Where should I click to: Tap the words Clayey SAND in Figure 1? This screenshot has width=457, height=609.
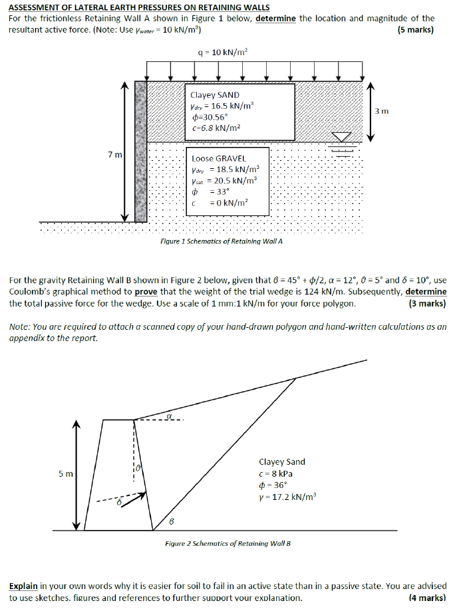coord(215,95)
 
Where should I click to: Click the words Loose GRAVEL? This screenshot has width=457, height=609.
coord(219,159)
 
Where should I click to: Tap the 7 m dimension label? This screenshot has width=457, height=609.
coord(115,154)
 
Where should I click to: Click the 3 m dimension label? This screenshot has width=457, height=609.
coord(381,112)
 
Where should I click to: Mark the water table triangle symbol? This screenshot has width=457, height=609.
coord(342,137)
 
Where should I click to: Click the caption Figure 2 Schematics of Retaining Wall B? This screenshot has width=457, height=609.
coord(228,543)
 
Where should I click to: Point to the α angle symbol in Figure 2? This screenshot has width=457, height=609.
coord(170,414)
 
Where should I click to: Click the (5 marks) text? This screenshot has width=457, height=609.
coord(415,30)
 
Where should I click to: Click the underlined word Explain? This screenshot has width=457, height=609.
coord(23,586)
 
